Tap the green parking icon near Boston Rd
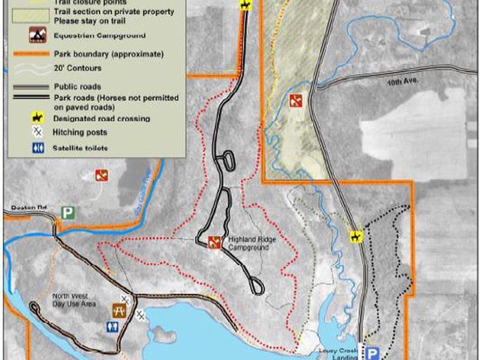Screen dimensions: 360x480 (69, 213)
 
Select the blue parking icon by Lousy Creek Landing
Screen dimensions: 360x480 (373, 353)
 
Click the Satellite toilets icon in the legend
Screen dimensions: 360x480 (37, 147)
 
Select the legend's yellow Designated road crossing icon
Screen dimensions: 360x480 (37, 119)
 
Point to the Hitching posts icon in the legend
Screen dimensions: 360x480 (37, 132)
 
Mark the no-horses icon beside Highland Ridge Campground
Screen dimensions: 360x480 (213, 242)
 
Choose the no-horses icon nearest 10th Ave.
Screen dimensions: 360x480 (295, 99)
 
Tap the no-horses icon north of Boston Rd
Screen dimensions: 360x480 (101, 175)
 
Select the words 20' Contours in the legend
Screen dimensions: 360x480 (77, 68)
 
